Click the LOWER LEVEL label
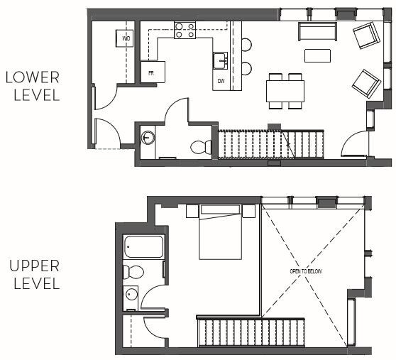click(x=33, y=86)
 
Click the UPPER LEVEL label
click(x=33, y=275)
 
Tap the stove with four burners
click(x=185, y=30)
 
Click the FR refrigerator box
click(x=153, y=72)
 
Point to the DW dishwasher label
click(x=221, y=81)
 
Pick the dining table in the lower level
click(x=285, y=90)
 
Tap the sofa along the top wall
click(x=317, y=31)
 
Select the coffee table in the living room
click(x=317, y=55)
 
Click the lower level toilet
click(x=201, y=147)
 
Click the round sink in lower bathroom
click(x=148, y=138)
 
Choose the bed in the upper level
click(x=220, y=231)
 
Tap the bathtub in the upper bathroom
click(x=143, y=248)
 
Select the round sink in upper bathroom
click(x=131, y=295)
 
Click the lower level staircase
click(x=270, y=144)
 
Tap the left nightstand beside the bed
click(x=192, y=211)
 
